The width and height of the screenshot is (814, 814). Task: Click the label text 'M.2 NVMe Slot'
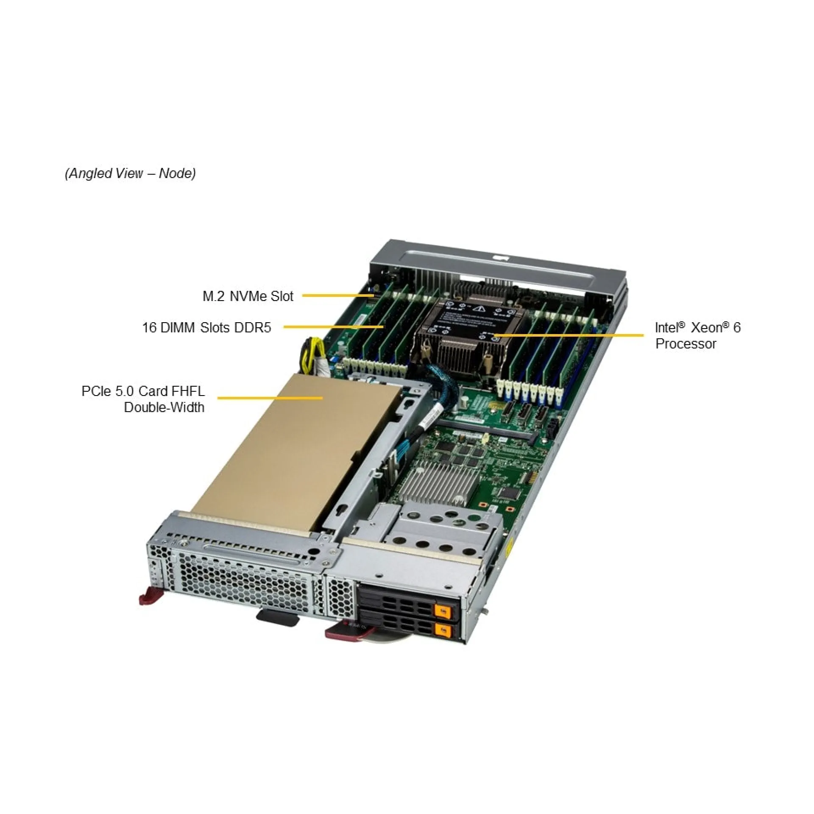pos(248,296)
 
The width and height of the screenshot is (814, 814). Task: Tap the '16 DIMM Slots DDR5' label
pos(206,328)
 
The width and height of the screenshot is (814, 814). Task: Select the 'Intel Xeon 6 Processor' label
pos(697,335)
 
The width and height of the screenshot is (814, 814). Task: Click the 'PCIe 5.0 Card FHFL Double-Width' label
pos(143,399)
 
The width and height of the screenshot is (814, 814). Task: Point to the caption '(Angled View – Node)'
pos(130,173)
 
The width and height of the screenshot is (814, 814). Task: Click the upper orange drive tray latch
pos(443,611)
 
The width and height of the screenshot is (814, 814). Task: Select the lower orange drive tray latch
pos(443,630)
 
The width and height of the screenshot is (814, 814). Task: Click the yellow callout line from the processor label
pos(568,335)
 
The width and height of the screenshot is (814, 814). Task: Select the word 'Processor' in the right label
pos(686,344)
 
